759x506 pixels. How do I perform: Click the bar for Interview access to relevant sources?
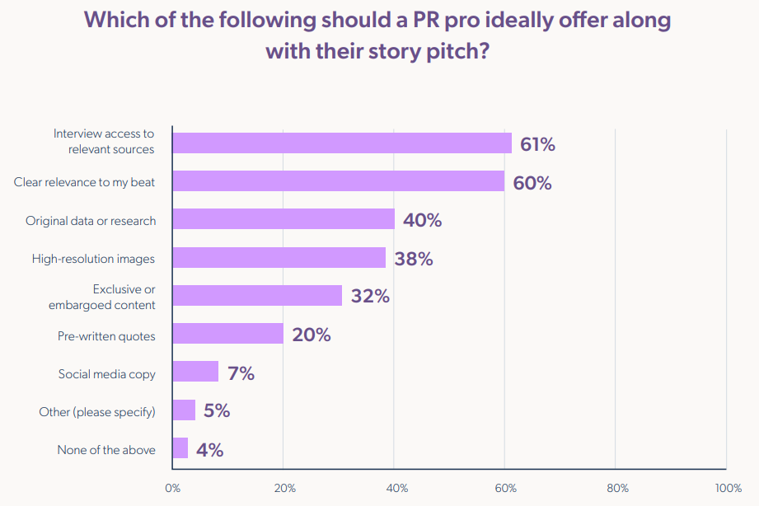click(x=342, y=143)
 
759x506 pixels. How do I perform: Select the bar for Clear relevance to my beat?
click(x=338, y=181)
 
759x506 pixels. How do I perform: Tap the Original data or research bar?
click(x=283, y=219)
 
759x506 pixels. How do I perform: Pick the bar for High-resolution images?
click(x=279, y=258)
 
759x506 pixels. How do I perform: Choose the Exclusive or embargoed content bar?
click(x=257, y=296)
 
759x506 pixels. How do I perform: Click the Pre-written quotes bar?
click(x=227, y=334)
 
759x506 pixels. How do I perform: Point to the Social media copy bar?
click(x=195, y=372)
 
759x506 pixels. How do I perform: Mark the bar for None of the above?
click(x=180, y=448)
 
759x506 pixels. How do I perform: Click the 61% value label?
click(x=537, y=145)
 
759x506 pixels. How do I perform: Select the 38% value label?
click(x=413, y=259)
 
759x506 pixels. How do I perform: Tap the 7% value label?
click(x=241, y=373)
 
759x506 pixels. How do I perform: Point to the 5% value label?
click(x=216, y=411)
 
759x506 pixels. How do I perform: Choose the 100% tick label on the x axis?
click(x=728, y=488)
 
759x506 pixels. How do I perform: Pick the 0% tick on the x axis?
click(x=172, y=488)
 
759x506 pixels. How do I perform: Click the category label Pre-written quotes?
click(x=106, y=335)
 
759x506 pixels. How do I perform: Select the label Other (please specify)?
click(x=97, y=411)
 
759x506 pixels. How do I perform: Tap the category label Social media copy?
click(x=107, y=373)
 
